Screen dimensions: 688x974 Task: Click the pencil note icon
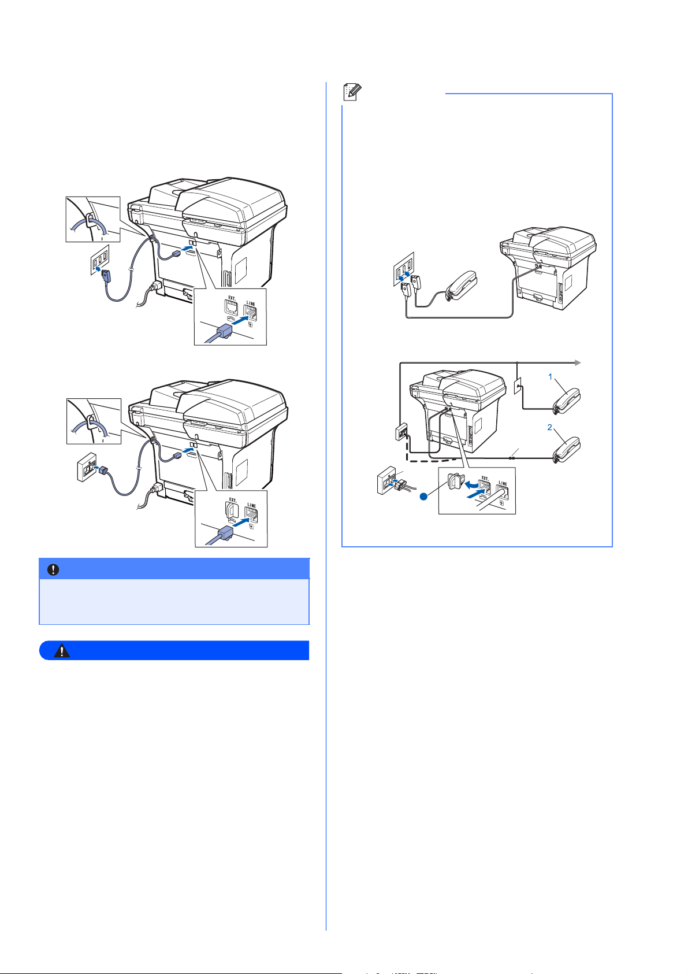(352, 92)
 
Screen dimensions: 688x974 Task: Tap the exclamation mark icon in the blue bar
(53, 569)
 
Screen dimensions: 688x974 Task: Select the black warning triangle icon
(62, 650)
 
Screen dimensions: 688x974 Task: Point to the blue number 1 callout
(550, 376)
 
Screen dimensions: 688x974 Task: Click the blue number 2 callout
(549, 427)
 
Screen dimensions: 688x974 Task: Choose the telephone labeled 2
(566, 450)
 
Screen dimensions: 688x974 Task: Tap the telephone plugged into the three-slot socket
(461, 286)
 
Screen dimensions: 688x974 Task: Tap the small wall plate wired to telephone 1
(517, 386)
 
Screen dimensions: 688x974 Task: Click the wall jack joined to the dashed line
(401, 432)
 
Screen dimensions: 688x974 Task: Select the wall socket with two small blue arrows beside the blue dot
(387, 480)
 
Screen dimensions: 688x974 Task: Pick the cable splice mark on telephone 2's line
(512, 458)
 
